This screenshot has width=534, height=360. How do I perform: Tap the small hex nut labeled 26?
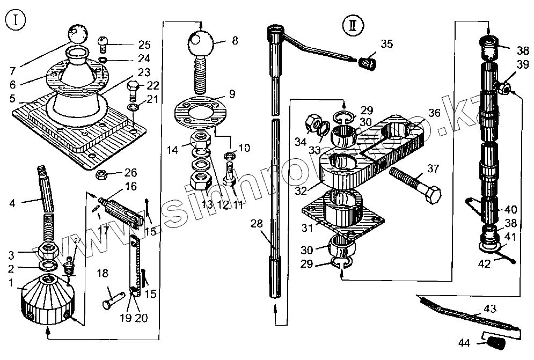tap(101, 175)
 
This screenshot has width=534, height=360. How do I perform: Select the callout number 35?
tap(387, 44)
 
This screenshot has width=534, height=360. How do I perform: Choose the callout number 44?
tap(465, 343)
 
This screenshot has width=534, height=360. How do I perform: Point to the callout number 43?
tap(490, 309)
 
